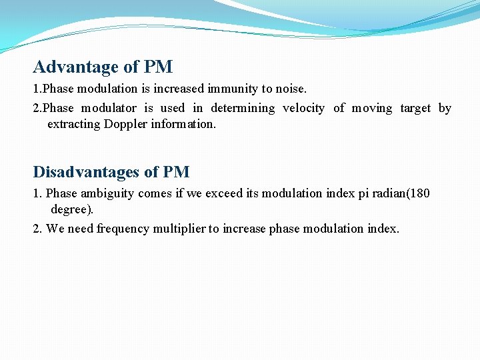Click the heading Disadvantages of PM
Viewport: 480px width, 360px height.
click(x=111, y=172)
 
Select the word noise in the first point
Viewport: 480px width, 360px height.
click(x=291, y=89)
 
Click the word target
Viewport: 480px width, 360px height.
click(x=415, y=108)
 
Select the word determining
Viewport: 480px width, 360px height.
click(x=243, y=108)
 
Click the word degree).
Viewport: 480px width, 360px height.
click(x=72, y=209)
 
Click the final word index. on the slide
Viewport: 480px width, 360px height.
click(x=383, y=229)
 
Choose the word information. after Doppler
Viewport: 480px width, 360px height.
click(x=183, y=124)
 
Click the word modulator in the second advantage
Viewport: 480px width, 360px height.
click(x=109, y=108)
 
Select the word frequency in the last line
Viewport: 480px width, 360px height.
click(x=123, y=229)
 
